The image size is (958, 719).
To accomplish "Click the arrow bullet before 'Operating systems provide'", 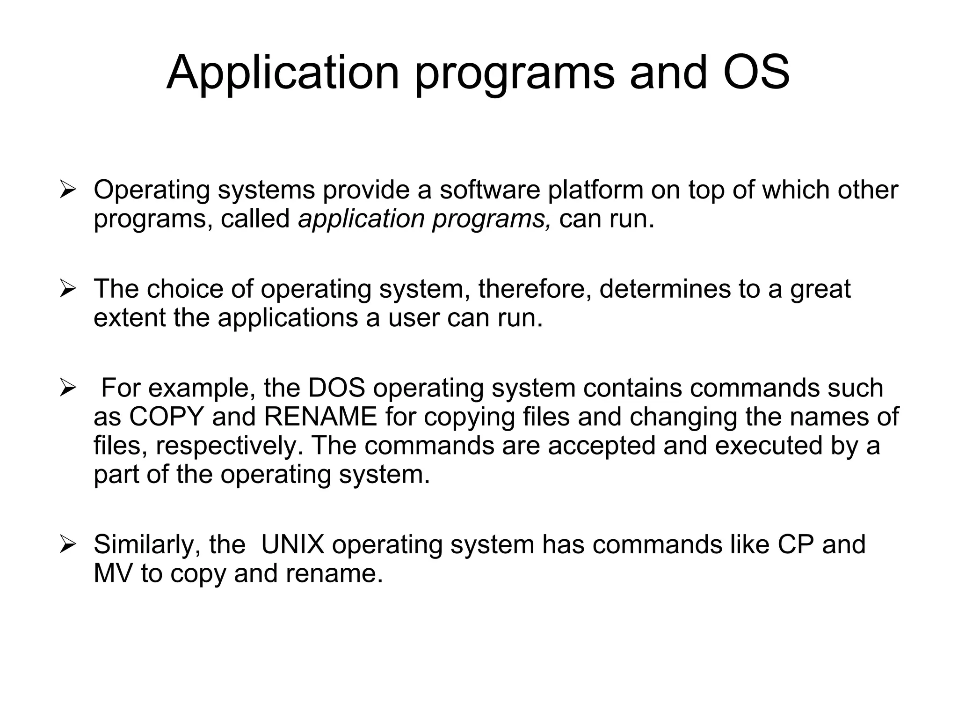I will point(67,191).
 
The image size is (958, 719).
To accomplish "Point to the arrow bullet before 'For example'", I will point(67,389).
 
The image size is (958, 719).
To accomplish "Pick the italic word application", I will point(361,219).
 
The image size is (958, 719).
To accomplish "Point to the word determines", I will point(665,288).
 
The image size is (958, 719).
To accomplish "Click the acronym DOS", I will point(336,388).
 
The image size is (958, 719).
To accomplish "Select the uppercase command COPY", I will point(167,417).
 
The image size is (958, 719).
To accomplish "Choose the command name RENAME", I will point(320,417).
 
